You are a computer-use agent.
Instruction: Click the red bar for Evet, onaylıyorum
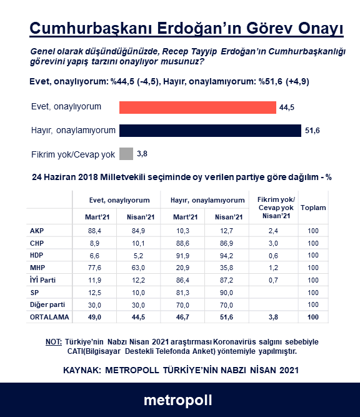point(197,108)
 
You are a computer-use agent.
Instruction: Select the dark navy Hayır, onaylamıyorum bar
point(210,130)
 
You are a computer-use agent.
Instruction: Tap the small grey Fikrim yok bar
point(126,153)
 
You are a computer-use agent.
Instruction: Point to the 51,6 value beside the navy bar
point(312,130)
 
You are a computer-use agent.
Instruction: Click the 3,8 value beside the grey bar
point(142,153)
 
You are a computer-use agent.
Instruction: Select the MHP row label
point(37,268)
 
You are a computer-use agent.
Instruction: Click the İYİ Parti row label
point(43,280)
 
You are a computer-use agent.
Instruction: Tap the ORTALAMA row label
point(47,317)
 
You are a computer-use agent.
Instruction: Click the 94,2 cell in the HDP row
point(223,256)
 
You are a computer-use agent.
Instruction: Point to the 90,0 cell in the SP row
point(223,293)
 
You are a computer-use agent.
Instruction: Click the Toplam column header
point(313,208)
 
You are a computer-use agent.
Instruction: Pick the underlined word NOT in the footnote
point(53,343)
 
